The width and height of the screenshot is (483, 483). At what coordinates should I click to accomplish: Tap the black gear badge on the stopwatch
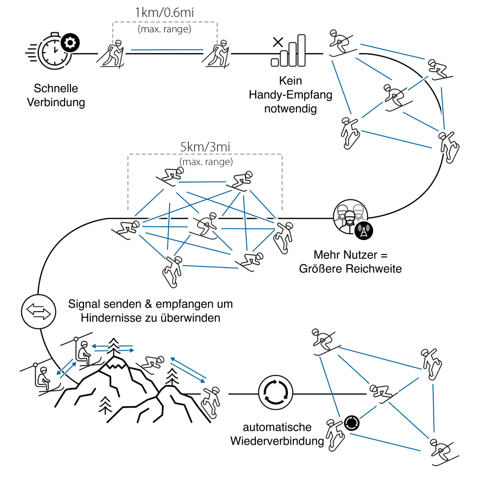[71, 43]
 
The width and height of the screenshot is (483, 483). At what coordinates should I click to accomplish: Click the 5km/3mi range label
[205, 146]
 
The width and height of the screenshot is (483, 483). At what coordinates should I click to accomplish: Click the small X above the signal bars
[278, 42]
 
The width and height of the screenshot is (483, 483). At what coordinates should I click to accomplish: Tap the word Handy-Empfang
[291, 95]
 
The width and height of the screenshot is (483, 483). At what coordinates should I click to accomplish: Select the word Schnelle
[56, 89]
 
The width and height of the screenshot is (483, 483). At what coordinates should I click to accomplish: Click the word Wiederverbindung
[277, 440]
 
